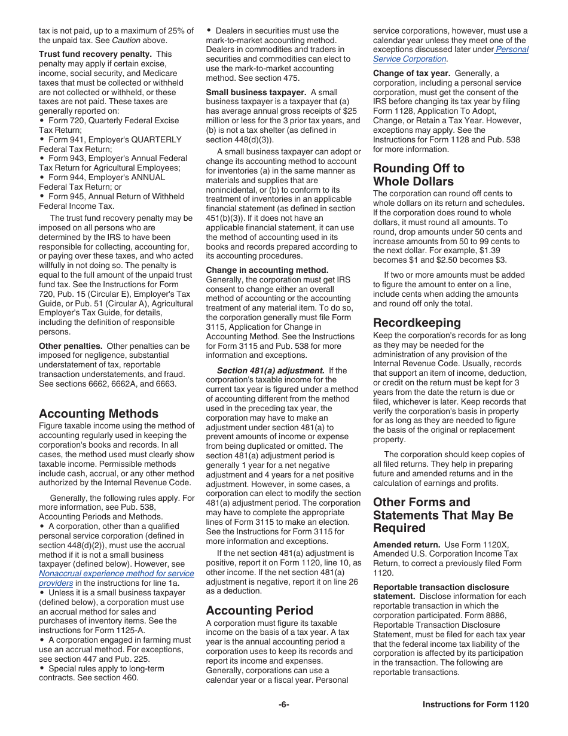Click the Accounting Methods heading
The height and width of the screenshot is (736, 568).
(x=99, y=413)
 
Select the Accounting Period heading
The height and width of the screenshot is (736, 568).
(x=259, y=610)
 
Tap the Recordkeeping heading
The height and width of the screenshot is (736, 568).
(x=417, y=323)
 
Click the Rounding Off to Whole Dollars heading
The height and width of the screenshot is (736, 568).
(x=419, y=175)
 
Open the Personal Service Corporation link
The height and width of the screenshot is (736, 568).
(x=451, y=54)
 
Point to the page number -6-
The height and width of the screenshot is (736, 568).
(x=283, y=704)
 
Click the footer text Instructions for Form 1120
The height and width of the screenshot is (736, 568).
(x=475, y=704)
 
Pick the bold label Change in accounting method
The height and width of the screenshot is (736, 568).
(x=267, y=270)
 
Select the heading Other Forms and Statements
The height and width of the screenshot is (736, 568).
(x=443, y=515)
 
